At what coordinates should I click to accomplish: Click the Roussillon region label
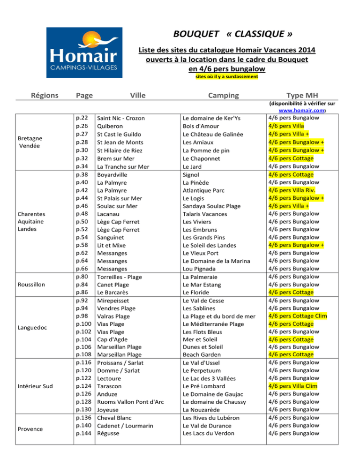(32, 284)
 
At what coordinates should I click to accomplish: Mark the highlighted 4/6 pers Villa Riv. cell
(295, 190)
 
